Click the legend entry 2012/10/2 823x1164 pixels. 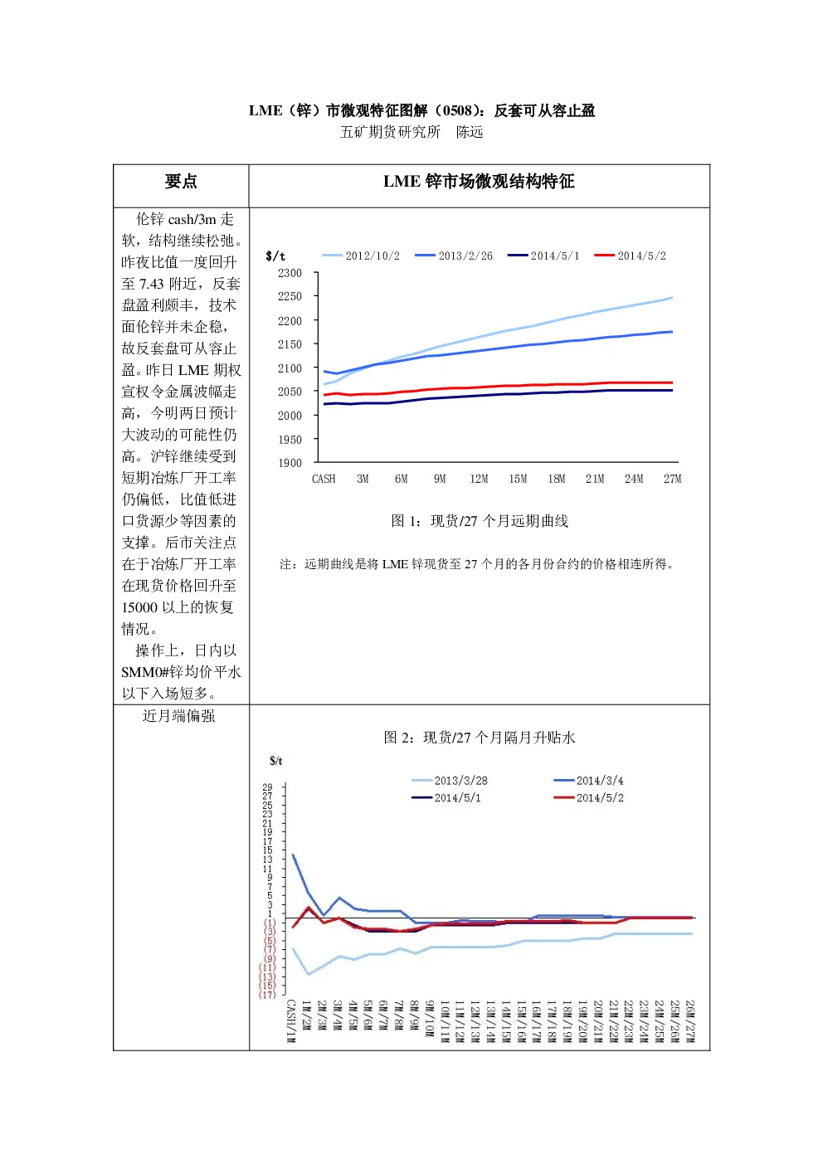pyautogui.click(x=361, y=256)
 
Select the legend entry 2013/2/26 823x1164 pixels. pyautogui.click(x=454, y=256)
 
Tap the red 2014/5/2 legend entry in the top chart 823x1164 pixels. pyautogui.click(x=631, y=256)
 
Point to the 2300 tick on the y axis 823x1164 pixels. pyautogui.click(x=290, y=273)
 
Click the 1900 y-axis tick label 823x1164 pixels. pyautogui.click(x=290, y=463)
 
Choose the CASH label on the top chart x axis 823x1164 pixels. pyautogui.click(x=324, y=479)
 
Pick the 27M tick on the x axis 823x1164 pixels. pyautogui.click(x=672, y=479)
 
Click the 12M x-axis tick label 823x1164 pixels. pyautogui.click(x=479, y=479)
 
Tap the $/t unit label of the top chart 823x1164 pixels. pyautogui.click(x=275, y=256)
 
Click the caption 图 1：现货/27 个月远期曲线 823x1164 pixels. pyautogui.click(x=480, y=521)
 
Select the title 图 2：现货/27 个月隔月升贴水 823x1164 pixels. pyautogui.click(x=480, y=738)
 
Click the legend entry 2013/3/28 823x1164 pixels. pyautogui.click(x=450, y=781)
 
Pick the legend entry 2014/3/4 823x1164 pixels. pyautogui.click(x=589, y=781)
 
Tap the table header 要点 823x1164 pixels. pyautogui.click(x=181, y=182)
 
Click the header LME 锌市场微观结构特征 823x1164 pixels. pyautogui.click(x=479, y=182)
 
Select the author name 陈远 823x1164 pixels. pyautogui.click(x=470, y=132)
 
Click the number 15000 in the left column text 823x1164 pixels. pyautogui.click(x=139, y=607)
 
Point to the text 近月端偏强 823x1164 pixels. pyautogui.click(x=178, y=716)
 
